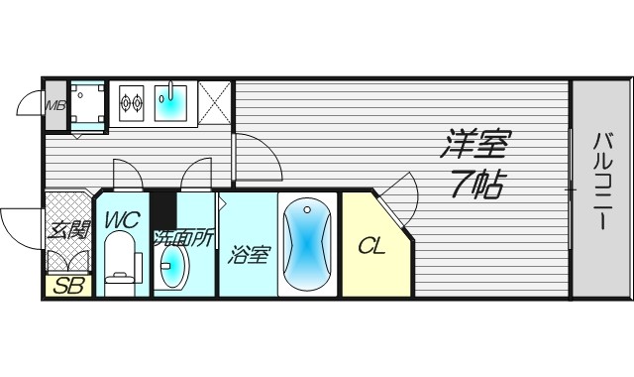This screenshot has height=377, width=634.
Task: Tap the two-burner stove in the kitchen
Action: tap(132, 100)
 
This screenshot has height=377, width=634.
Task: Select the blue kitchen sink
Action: tap(172, 99)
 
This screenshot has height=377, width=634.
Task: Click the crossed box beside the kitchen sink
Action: tap(215, 101)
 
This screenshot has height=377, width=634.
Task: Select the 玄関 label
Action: tap(69, 232)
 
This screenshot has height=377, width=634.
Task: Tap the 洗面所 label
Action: tap(183, 238)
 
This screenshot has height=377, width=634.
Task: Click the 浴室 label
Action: tap(249, 255)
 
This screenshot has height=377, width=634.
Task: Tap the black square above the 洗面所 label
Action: tap(163, 209)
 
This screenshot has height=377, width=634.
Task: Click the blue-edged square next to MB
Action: tap(87, 103)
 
